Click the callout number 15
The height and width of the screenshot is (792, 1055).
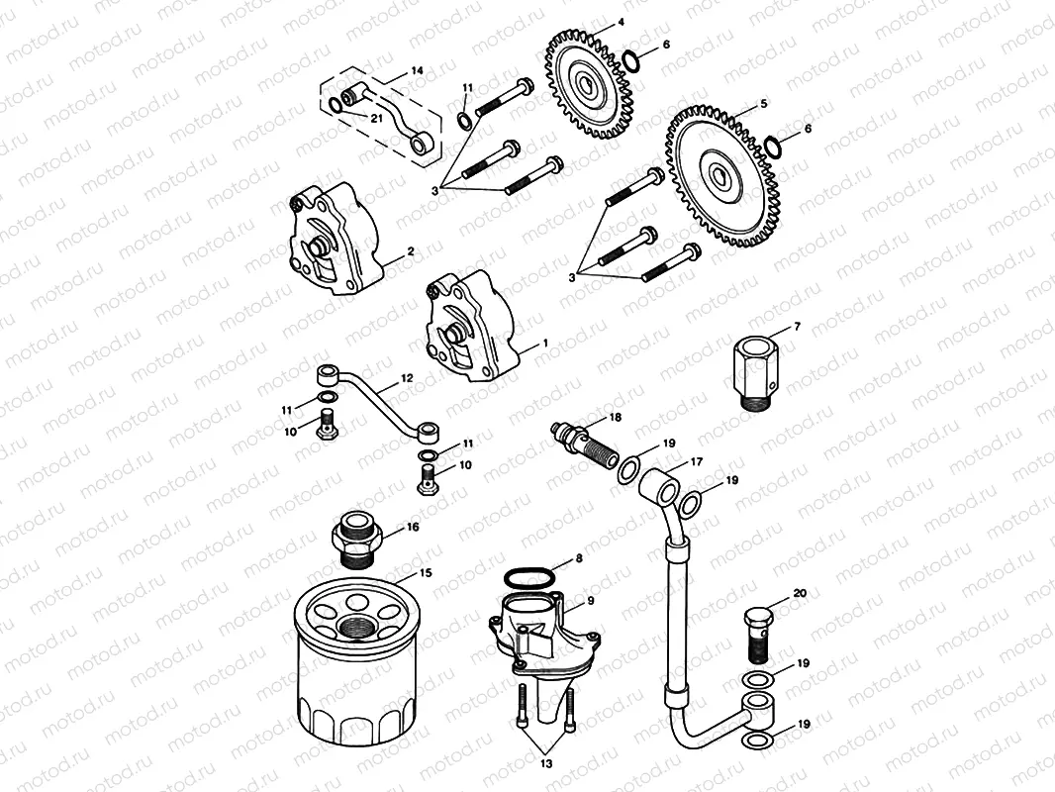click(426, 573)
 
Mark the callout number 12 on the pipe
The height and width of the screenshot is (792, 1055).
click(407, 379)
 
